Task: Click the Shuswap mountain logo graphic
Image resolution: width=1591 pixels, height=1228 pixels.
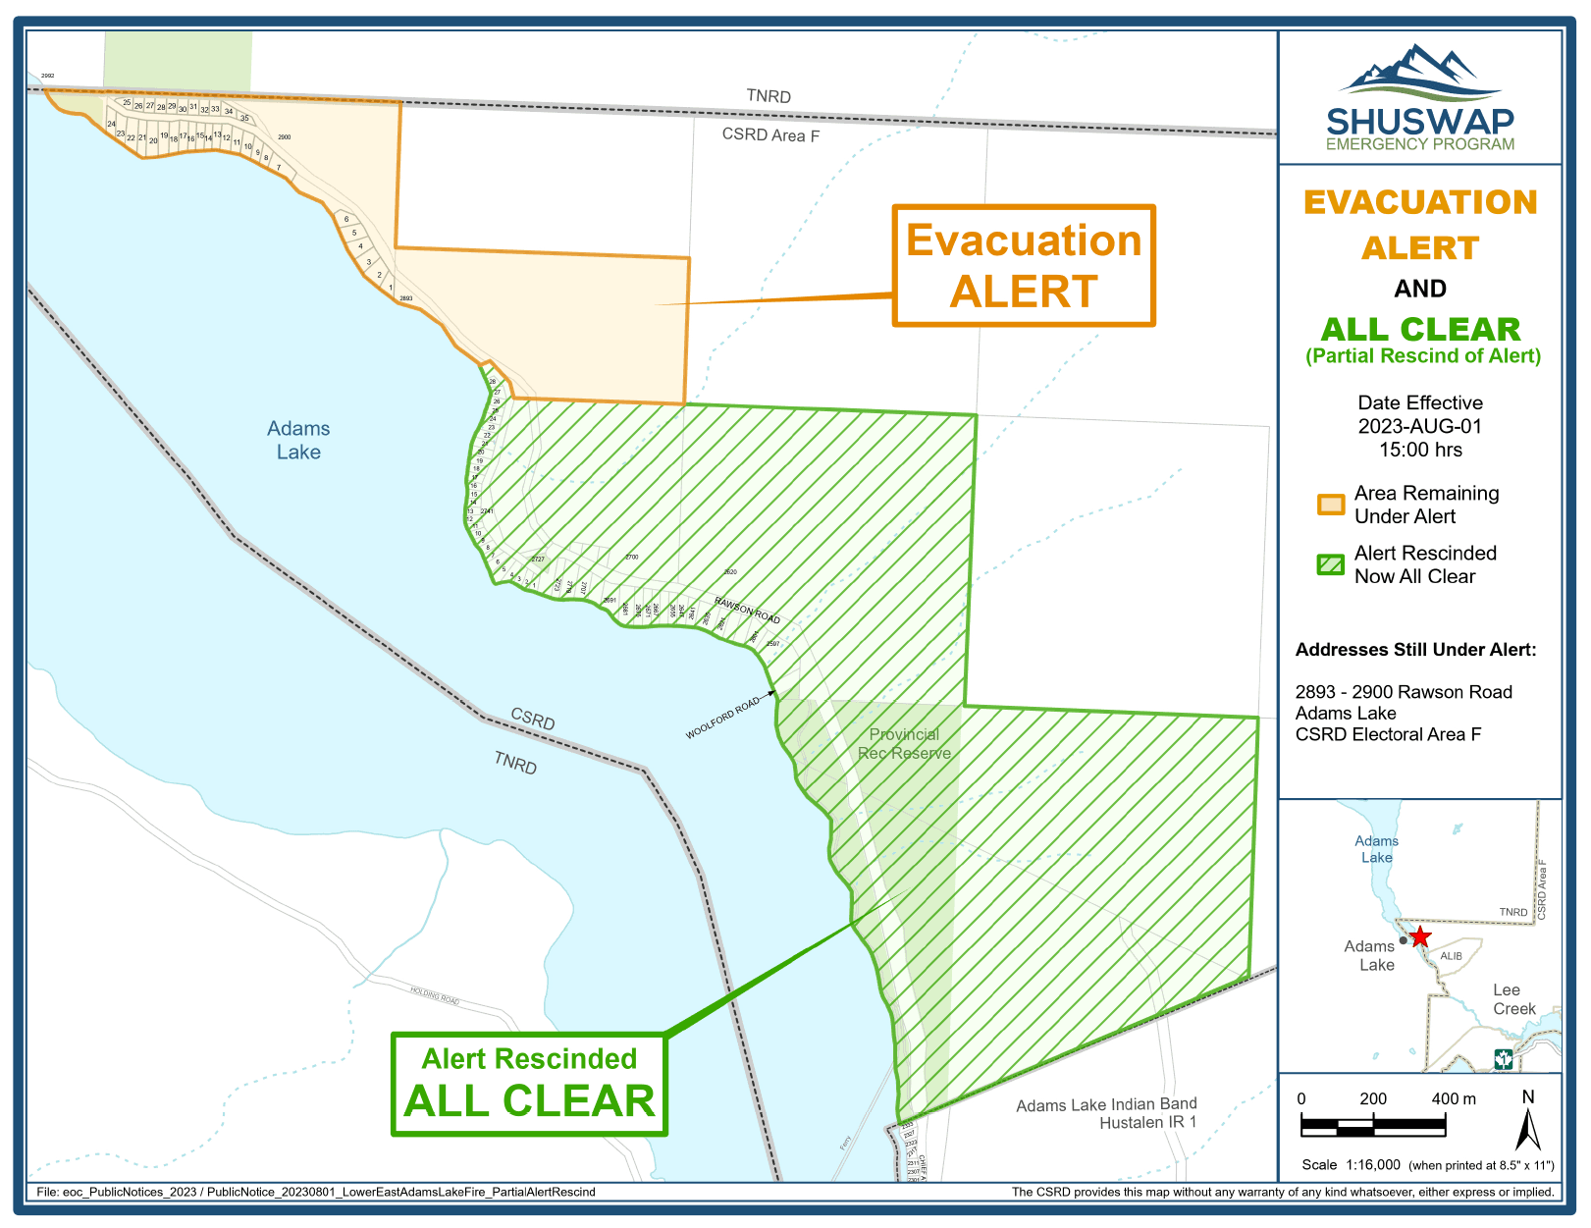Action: click(x=1419, y=73)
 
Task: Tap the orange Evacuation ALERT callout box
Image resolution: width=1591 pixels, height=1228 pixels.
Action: click(x=1023, y=265)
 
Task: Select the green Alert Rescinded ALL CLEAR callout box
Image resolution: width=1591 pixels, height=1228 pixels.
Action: click(x=529, y=1084)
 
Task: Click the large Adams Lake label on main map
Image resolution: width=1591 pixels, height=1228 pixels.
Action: click(x=298, y=440)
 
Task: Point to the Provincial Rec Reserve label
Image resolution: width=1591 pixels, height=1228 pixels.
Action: click(x=904, y=743)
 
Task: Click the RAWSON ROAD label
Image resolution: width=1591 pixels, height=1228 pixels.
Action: click(x=747, y=610)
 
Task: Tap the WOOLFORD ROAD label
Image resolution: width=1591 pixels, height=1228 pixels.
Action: click(x=722, y=718)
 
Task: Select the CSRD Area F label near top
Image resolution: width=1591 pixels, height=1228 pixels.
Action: click(x=770, y=134)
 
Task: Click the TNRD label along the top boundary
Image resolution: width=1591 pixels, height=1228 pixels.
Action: click(x=769, y=95)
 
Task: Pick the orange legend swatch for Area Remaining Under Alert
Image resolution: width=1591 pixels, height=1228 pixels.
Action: click(x=1330, y=505)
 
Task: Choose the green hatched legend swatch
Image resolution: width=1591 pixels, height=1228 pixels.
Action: click(x=1330, y=564)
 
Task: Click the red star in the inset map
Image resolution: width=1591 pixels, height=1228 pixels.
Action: click(x=1419, y=936)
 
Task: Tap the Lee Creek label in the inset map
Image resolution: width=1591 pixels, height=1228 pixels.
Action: click(x=1512, y=999)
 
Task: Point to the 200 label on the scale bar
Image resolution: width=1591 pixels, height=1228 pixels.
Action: click(x=1373, y=1098)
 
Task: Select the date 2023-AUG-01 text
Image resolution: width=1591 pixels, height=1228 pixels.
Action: click(x=1419, y=426)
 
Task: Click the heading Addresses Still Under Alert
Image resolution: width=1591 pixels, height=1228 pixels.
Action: click(x=1415, y=649)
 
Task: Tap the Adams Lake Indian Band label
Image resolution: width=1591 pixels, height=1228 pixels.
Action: click(x=1106, y=1104)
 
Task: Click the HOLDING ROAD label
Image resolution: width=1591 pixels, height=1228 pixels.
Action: click(x=435, y=996)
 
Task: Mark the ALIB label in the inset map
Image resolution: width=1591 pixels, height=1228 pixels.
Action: click(x=1451, y=955)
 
